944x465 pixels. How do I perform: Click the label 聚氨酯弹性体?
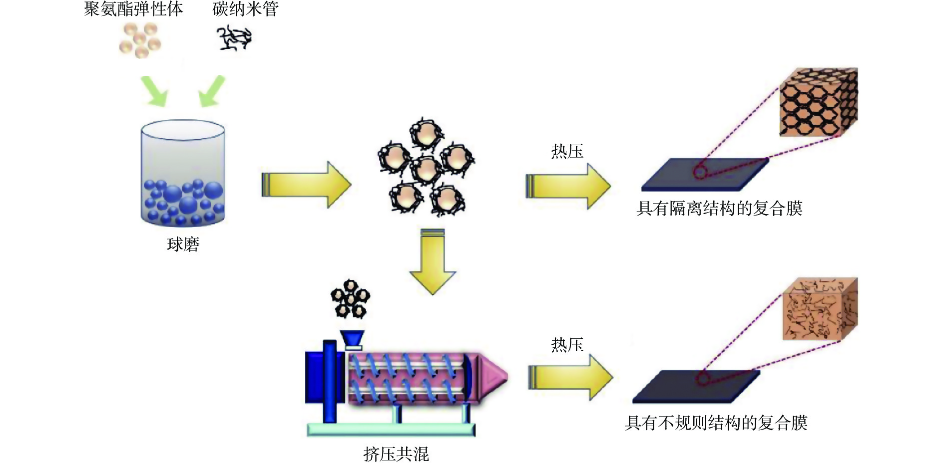pos(133,9)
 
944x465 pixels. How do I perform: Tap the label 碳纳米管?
pos(245,9)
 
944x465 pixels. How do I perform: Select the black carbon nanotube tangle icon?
pos(234,38)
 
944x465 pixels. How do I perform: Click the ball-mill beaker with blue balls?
pos(183,173)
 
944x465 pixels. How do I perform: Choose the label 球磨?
pos(183,244)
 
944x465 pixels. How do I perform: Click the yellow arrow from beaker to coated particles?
pos(306,185)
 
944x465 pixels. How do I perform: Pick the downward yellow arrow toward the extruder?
pos(433,261)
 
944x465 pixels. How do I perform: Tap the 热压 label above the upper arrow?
pos(567,151)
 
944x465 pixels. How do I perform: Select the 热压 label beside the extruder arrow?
pos(567,345)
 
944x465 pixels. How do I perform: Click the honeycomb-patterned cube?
pos(818,102)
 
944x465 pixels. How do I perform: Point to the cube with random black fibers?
pos(820,309)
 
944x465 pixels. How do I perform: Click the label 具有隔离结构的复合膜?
pos(719,208)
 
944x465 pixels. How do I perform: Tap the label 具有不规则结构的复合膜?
pos(716,423)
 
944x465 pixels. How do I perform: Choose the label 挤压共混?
pos(396,454)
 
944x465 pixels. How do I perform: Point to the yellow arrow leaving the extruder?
pos(570,377)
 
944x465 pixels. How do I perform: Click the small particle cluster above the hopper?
pos(351,299)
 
